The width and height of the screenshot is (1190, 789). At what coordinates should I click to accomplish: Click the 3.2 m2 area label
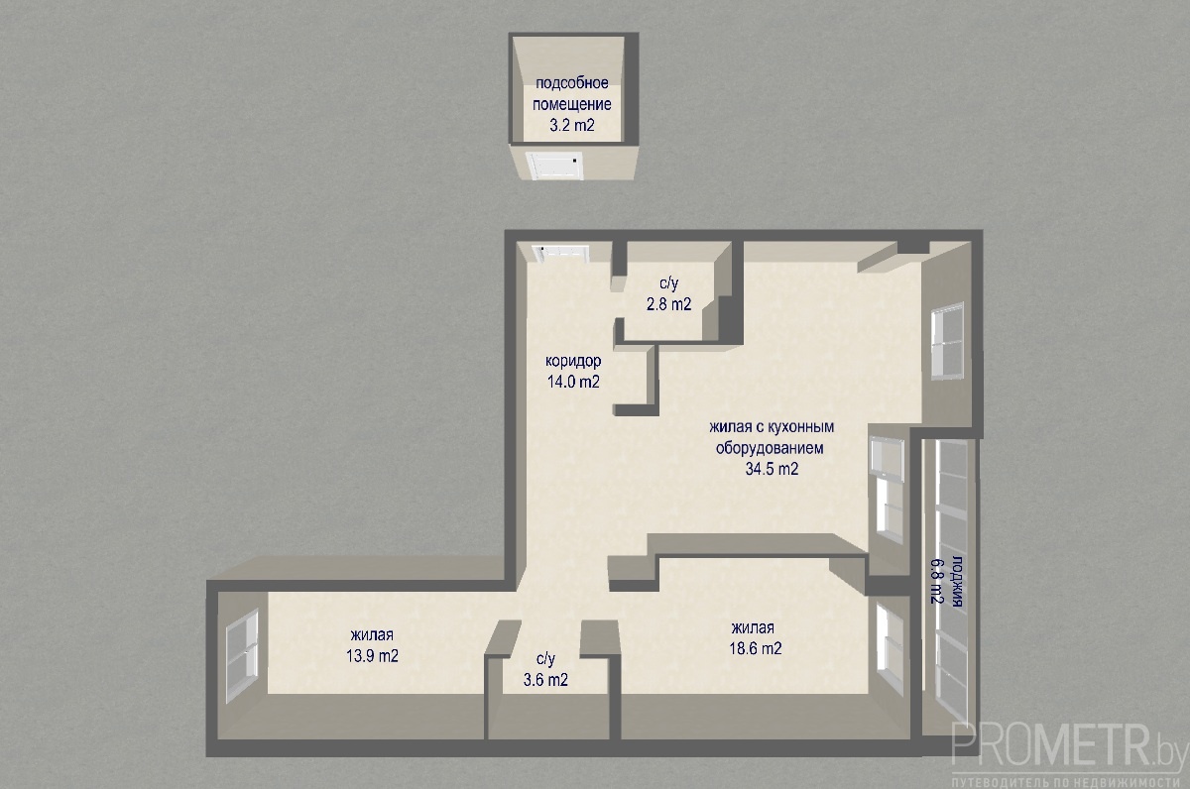[571, 126]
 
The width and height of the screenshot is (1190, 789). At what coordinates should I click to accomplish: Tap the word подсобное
[571, 83]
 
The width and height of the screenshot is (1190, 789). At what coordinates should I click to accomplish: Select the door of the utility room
[554, 166]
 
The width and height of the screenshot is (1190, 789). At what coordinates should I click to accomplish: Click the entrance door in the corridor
[562, 253]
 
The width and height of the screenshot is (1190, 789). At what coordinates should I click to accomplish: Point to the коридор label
[573, 362]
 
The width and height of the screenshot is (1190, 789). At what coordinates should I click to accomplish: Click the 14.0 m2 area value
[573, 382]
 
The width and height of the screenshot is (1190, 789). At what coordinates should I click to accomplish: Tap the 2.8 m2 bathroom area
[668, 304]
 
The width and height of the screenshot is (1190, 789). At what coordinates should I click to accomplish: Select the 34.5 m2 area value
[772, 469]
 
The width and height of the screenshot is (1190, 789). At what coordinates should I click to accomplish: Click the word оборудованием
[770, 448]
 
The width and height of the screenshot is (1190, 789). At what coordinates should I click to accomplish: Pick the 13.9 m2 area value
[373, 656]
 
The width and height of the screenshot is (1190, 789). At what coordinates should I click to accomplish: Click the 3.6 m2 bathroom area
[545, 680]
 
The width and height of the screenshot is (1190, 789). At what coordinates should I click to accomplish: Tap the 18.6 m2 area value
[756, 649]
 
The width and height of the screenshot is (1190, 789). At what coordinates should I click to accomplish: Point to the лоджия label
[956, 582]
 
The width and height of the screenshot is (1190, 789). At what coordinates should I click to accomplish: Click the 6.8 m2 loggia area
[936, 582]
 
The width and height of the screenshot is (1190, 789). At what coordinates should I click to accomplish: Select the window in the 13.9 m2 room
[242, 656]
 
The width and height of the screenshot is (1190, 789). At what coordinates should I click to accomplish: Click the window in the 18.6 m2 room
[890, 649]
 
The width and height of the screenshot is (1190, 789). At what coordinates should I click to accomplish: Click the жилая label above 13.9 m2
[372, 635]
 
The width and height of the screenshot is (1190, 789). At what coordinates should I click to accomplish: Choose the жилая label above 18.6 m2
[753, 628]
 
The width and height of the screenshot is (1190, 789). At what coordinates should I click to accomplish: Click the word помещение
[572, 105]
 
